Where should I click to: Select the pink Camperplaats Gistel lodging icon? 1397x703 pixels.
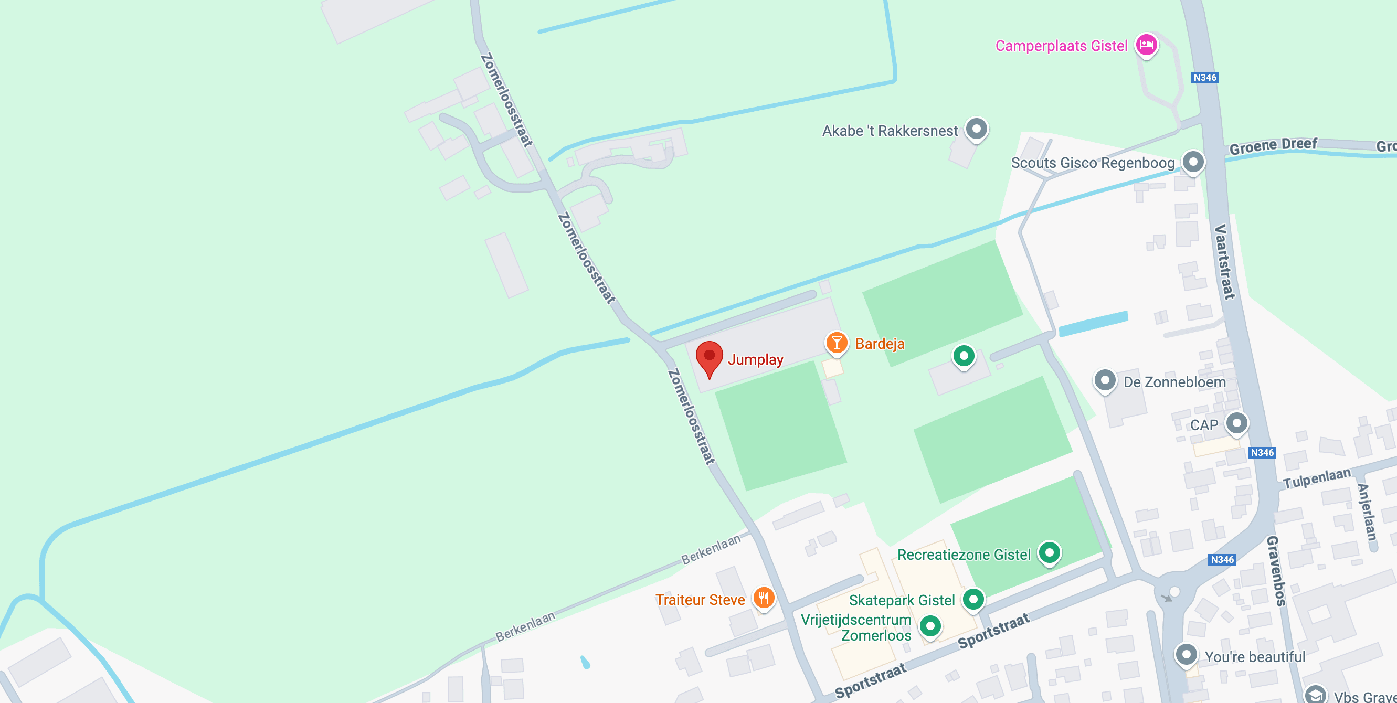coord(1146,45)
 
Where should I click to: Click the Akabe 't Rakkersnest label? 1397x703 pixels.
coord(890,131)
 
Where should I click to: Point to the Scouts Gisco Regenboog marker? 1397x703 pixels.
coord(1192,162)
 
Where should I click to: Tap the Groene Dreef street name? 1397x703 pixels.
coord(1272,145)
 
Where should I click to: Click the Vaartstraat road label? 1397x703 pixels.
coord(1224,261)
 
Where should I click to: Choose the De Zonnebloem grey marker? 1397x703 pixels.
coord(1105,380)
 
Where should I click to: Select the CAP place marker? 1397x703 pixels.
coord(1236,423)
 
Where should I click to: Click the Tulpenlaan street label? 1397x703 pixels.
coord(1316,478)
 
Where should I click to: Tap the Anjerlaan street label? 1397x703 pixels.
coord(1367,512)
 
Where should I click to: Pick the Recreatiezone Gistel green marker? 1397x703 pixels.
coord(1049,552)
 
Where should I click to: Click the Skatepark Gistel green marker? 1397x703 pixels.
coord(973,599)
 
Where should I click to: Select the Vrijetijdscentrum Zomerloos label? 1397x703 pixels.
coord(856,627)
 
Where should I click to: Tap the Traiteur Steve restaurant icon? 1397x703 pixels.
coord(764,599)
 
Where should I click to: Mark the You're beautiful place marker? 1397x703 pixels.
coord(1186,655)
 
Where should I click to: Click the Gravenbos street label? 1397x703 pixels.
coord(1276,570)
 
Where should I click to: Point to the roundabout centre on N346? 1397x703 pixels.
coord(1174,591)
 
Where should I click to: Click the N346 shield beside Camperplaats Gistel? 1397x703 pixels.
coord(1205,78)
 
